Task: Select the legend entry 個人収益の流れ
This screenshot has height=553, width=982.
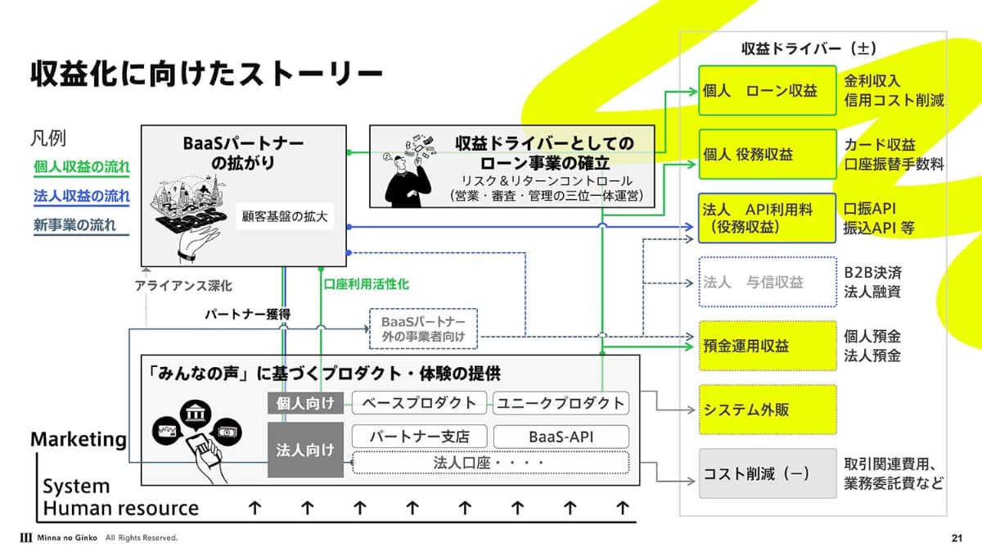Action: (x=81, y=167)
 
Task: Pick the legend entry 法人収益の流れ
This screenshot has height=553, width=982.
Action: (x=81, y=196)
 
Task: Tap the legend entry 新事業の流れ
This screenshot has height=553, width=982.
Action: (x=74, y=224)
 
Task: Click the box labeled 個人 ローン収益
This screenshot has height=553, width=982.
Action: (x=768, y=91)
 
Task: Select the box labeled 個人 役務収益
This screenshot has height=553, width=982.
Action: (x=768, y=154)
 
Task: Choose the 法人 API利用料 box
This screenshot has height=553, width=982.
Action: (x=768, y=218)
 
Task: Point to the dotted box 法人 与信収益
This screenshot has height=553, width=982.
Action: (x=768, y=283)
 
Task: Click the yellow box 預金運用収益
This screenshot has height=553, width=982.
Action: (x=768, y=346)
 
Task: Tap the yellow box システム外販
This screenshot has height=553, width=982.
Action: (x=768, y=409)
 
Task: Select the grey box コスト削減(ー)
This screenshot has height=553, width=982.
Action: (x=768, y=474)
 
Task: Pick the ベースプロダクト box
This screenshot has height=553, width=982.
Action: (x=419, y=402)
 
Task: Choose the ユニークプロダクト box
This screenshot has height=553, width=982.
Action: (x=561, y=402)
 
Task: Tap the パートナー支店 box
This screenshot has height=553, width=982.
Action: (x=420, y=436)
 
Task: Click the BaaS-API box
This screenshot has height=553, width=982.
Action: (x=561, y=436)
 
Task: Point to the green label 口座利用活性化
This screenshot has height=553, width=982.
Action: (x=366, y=284)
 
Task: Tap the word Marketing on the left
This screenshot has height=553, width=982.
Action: (x=79, y=439)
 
